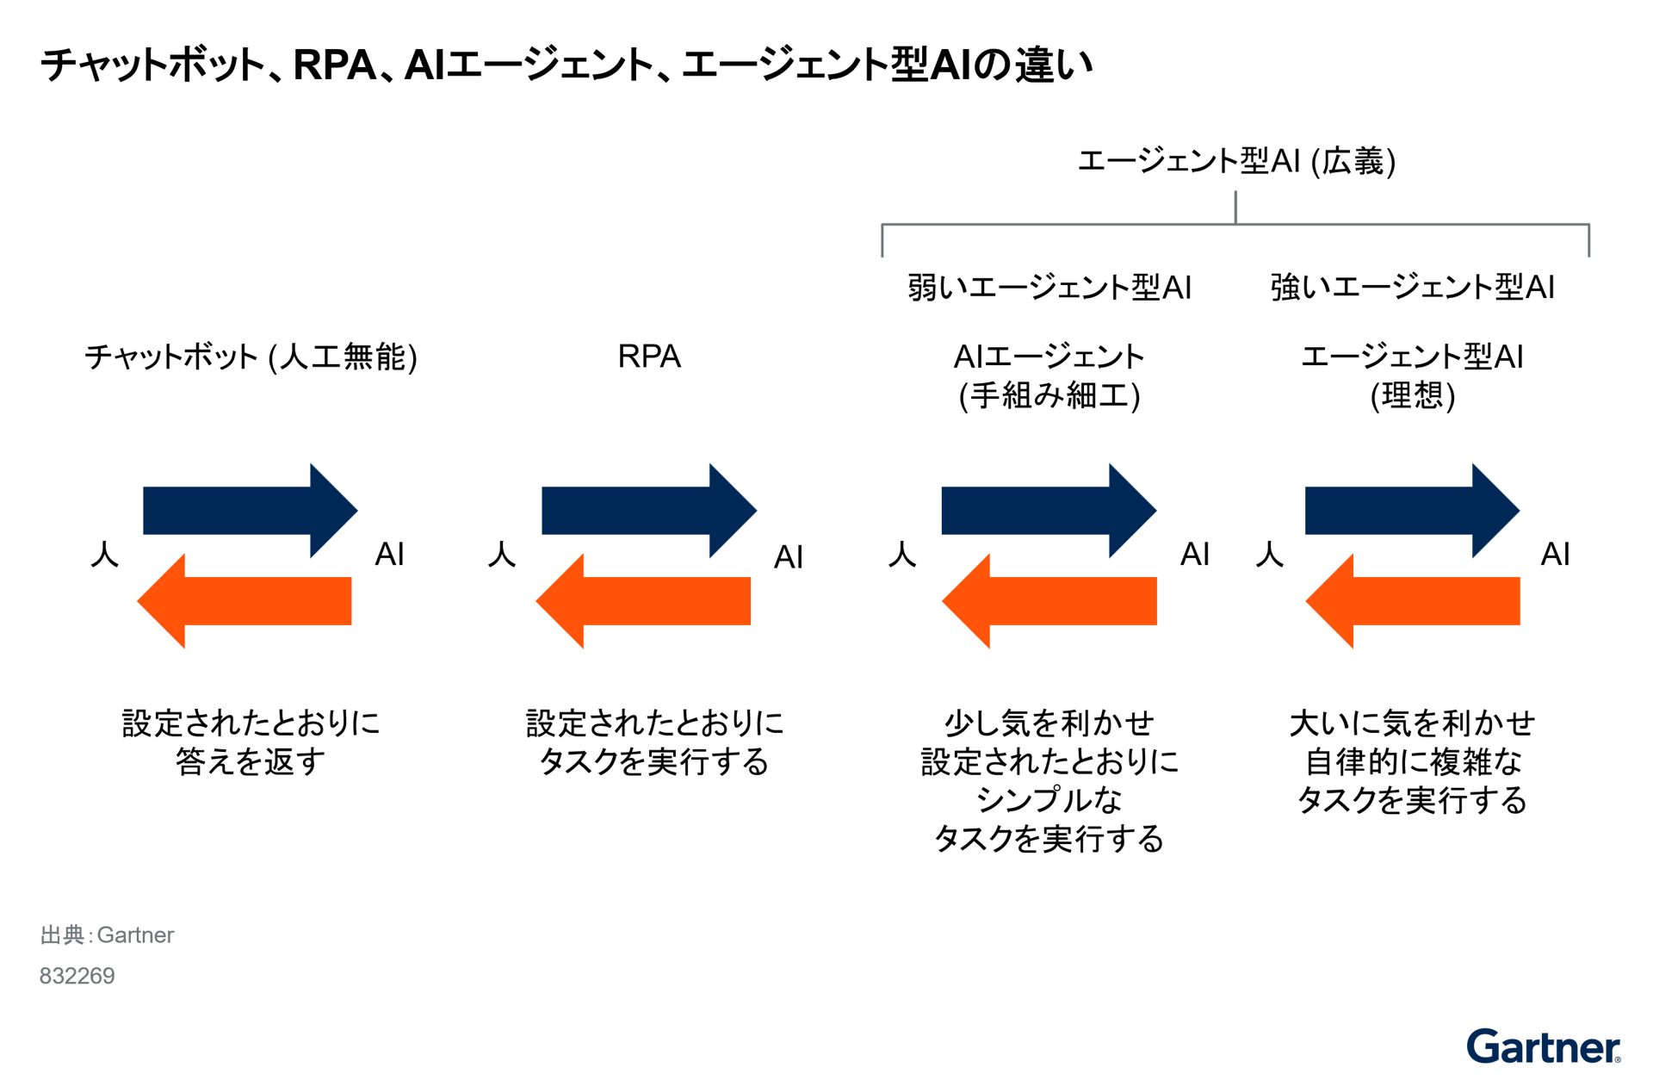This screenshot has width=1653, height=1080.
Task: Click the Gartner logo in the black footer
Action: tap(1543, 1047)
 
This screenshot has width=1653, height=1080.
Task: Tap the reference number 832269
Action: tap(77, 976)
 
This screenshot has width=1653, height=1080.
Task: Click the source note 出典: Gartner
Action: tap(107, 934)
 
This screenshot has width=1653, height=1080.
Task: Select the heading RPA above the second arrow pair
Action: tap(649, 357)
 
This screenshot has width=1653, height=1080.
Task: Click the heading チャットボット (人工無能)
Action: tap(251, 357)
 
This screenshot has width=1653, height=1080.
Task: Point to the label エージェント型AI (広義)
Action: tap(1236, 161)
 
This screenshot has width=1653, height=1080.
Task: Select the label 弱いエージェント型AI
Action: tap(1049, 287)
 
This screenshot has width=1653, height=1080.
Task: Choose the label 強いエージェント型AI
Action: tap(1412, 287)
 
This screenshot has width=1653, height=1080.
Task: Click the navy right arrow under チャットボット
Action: tap(250, 510)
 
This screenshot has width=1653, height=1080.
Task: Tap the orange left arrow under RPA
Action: tap(643, 600)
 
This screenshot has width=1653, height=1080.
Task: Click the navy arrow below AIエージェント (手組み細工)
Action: tap(1049, 510)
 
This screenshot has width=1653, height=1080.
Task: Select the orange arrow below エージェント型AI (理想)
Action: tap(1412, 600)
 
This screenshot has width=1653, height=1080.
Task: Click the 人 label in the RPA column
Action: tap(501, 554)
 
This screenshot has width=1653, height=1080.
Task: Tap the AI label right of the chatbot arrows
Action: tap(389, 554)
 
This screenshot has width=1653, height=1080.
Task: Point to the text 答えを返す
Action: tap(251, 761)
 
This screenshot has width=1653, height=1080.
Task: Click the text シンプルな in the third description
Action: tap(1049, 800)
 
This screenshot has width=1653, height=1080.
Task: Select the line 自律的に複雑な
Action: tap(1412, 761)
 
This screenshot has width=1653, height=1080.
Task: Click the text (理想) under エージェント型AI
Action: tap(1412, 395)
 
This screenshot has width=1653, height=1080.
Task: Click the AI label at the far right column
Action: tap(1555, 554)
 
